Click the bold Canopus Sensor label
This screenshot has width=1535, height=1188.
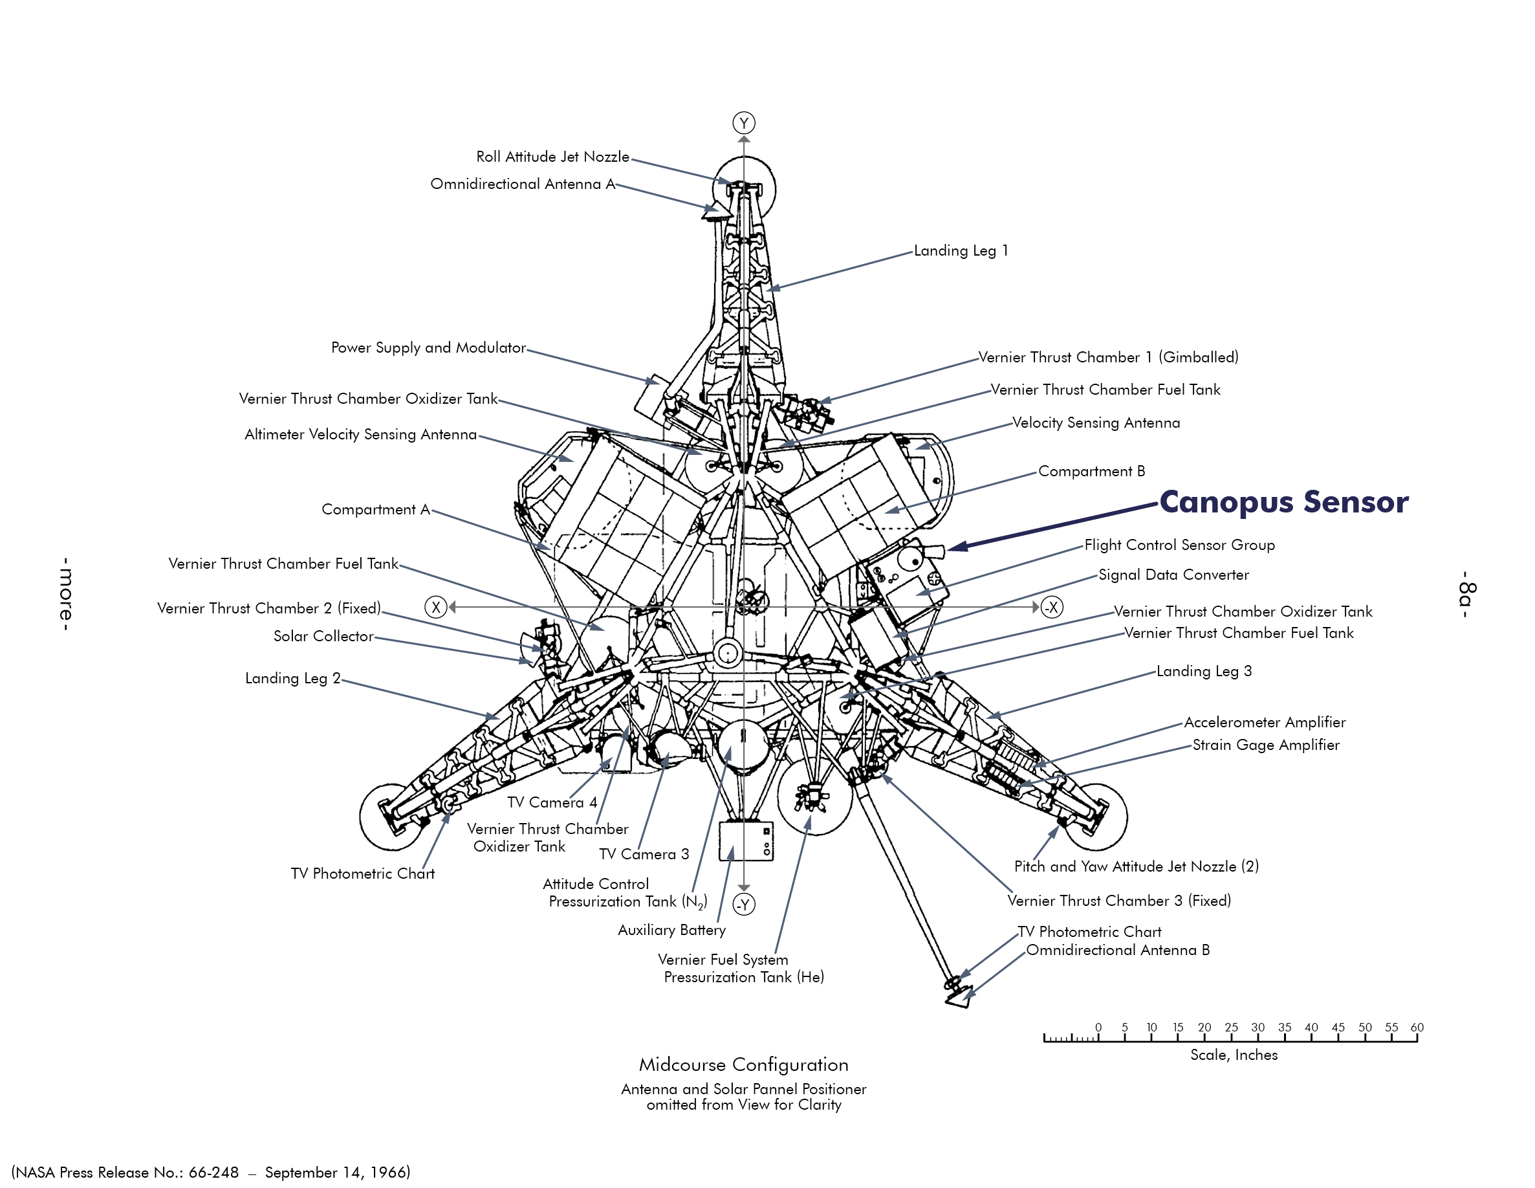click(1283, 502)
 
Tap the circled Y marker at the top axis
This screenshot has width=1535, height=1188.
click(744, 123)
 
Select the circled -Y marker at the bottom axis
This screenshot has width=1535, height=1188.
click(744, 904)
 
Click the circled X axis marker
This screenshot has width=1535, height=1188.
click(436, 608)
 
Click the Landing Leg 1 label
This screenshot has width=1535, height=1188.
click(960, 251)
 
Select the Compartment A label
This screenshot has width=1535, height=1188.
click(375, 510)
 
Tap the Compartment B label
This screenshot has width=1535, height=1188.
click(1091, 471)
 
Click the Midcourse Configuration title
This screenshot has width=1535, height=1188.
click(744, 1065)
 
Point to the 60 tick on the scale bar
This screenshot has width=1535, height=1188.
click(1417, 1028)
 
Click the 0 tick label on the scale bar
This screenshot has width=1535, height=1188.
click(1098, 1028)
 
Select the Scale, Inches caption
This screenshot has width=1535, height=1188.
click(1234, 1055)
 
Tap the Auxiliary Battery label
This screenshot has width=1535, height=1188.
click(671, 930)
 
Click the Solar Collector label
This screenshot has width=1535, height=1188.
click(323, 636)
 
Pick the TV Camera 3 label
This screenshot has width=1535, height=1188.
click(644, 854)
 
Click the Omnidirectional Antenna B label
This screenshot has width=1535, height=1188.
click(1118, 951)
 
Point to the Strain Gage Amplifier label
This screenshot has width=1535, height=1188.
click(1265, 745)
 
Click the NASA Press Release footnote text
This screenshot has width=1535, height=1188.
click(211, 1172)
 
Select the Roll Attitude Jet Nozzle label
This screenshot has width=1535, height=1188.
click(552, 157)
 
